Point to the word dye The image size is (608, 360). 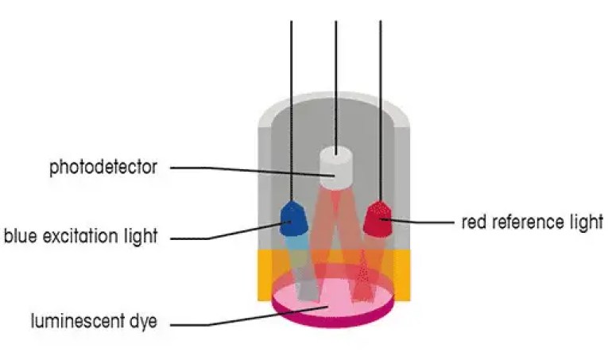coord(144,323)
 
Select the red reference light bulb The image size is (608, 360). coord(380,219)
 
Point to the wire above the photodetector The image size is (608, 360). coord(336,79)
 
